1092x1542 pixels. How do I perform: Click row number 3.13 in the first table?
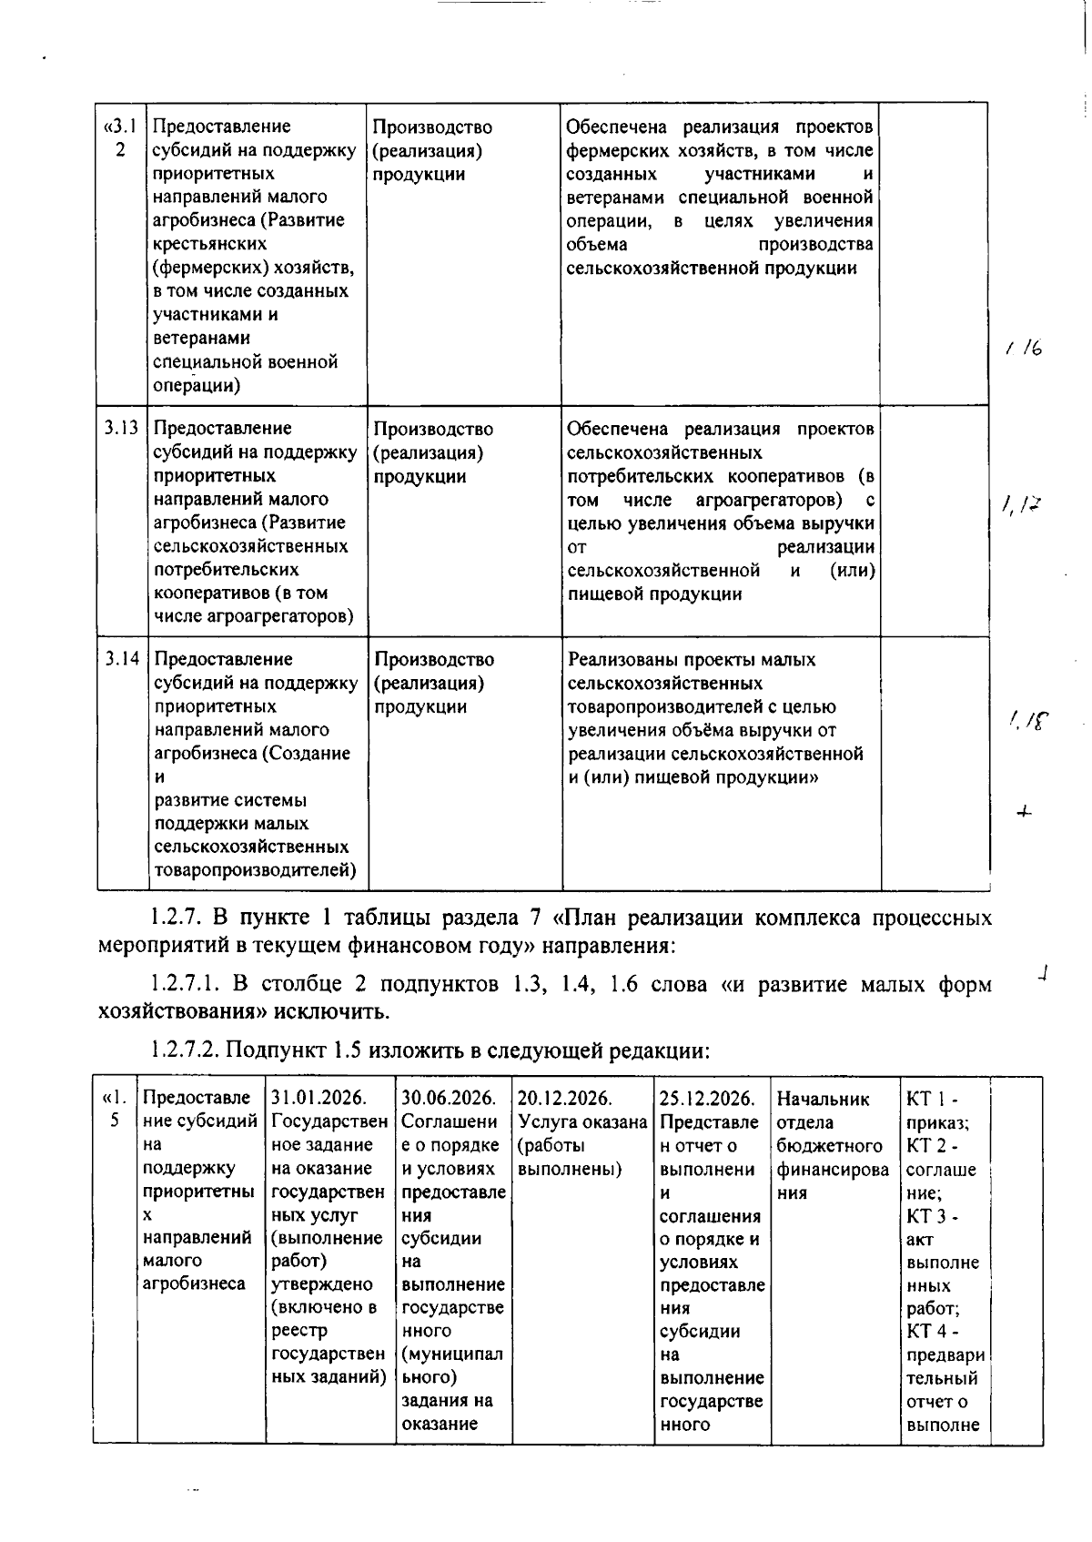(120, 428)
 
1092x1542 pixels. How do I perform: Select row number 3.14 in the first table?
(120, 658)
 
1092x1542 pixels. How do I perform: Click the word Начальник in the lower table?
(824, 1099)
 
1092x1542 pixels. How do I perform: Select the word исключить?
(337, 1011)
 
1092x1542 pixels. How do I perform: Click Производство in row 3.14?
(434, 659)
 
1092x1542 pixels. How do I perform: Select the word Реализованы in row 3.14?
(616, 659)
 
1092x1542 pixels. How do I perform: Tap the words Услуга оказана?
(582, 1121)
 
